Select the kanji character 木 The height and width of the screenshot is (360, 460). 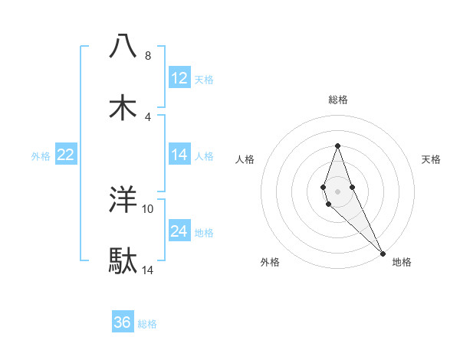tap(123, 107)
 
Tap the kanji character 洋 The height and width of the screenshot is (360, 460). tap(123, 200)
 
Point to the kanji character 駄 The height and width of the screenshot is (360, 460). tap(123, 261)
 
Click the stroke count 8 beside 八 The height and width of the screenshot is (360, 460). tap(147, 56)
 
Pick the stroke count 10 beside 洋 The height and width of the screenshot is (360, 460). tap(148, 209)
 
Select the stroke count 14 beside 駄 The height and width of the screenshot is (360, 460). tap(148, 270)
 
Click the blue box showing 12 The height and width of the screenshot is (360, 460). tap(179, 78)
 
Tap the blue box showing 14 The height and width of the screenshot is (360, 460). tap(179, 155)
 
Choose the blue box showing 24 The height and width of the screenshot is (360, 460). tap(179, 231)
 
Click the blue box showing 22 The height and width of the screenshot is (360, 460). tap(66, 155)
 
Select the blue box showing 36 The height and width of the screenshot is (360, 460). tap(123, 322)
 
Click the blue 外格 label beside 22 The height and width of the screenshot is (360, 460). tap(41, 156)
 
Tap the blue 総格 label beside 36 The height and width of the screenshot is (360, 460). tap(147, 324)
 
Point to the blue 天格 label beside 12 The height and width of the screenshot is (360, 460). tap(204, 80)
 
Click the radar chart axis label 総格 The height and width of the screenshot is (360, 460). tap(338, 100)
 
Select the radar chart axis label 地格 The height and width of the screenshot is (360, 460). tap(402, 262)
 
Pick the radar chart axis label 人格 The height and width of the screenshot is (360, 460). tap(245, 159)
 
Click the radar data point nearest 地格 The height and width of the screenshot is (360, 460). tap(383, 253)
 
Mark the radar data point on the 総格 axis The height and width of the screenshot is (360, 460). tap(337, 146)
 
